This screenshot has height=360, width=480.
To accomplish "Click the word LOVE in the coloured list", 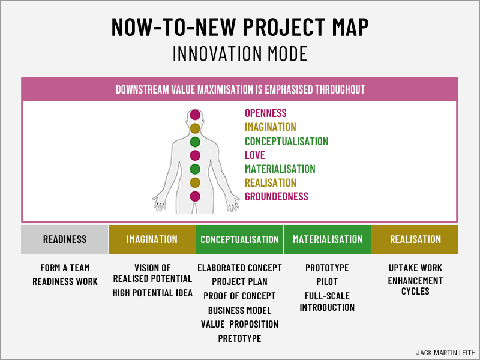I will click(254, 155).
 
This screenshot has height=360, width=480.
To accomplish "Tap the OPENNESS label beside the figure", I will click(265, 113).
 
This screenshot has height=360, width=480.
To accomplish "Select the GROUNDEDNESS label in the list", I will click(276, 196).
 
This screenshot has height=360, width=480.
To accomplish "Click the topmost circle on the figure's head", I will click(195, 115).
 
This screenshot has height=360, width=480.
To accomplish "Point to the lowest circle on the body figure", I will click(195, 196).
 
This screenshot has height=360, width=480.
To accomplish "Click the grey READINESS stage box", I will click(65, 239).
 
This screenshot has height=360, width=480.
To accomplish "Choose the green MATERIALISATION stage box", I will click(328, 239).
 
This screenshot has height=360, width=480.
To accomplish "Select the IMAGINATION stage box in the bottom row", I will click(152, 239).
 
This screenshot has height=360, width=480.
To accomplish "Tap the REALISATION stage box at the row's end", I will click(415, 239).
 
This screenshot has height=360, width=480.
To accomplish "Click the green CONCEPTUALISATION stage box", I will click(239, 239).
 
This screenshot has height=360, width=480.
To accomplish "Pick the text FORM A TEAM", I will click(65, 268).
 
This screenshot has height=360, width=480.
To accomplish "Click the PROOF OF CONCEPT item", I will click(239, 296).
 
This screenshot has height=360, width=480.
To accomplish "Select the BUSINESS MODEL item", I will click(239, 310).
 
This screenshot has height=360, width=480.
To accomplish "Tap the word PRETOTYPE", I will click(239, 338).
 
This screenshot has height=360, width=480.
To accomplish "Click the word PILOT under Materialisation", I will click(327, 281).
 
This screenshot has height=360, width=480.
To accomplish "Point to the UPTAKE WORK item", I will click(415, 268).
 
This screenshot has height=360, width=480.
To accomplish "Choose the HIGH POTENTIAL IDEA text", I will click(152, 293).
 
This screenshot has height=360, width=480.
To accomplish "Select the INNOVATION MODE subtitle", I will click(240, 53).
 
